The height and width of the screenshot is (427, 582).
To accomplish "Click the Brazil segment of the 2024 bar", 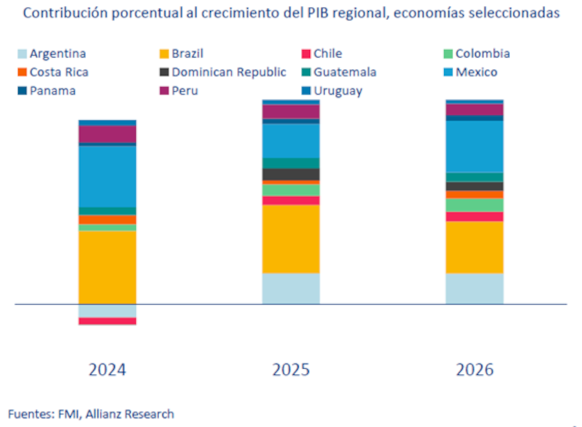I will pyautogui.click(x=107, y=267).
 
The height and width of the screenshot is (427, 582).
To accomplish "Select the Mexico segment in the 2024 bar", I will pyautogui.click(x=107, y=176).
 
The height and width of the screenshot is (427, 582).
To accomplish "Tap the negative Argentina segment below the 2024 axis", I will pyautogui.click(x=107, y=310).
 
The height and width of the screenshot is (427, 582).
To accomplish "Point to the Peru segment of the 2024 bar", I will pyautogui.click(x=107, y=134).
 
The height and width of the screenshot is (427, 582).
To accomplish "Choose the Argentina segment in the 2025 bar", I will pyautogui.click(x=291, y=288).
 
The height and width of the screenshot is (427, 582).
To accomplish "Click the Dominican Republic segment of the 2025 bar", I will pyautogui.click(x=291, y=174).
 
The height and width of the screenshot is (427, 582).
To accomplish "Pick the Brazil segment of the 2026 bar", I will pyautogui.click(x=475, y=247).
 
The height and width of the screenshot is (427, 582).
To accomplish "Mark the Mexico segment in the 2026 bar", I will pyautogui.click(x=475, y=146).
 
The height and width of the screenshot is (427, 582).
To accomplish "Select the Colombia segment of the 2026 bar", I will pyautogui.click(x=475, y=205).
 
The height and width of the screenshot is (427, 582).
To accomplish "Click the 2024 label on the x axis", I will pyautogui.click(x=107, y=369).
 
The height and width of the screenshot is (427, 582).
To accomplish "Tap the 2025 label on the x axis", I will pyautogui.click(x=291, y=369).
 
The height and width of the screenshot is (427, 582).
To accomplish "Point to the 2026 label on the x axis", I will pyautogui.click(x=475, y=369).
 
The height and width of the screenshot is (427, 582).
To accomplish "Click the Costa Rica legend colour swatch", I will pyautogui.click(x=22, y=73).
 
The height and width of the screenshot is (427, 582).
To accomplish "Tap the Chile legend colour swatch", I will pyautogui.click(x=306, y=54).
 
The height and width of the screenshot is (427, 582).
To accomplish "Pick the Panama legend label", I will pyautogui.click(x=53, y=91).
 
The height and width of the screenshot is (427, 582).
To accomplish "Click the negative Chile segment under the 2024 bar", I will pyautogui.click(x=107, y=321).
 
